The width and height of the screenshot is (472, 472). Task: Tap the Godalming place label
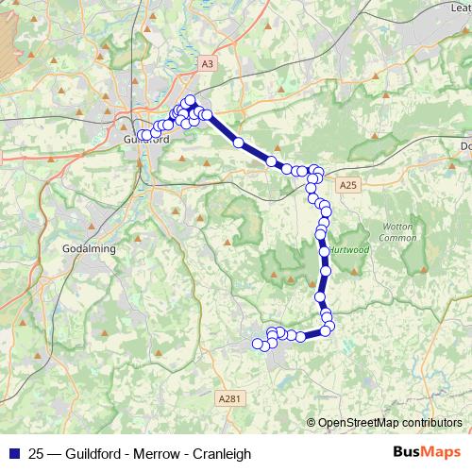pos(89,248)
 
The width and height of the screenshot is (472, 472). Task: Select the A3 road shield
pos(207,63)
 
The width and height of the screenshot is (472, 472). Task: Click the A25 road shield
pos(349,184)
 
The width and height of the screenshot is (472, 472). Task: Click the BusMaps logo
pos(426,453)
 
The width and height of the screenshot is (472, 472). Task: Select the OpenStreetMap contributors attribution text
pos(389,423)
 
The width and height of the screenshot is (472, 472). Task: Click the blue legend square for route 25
pos(14,453)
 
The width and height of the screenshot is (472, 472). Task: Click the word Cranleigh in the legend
pos(223,454)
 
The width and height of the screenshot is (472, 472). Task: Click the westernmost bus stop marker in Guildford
pos(142,135)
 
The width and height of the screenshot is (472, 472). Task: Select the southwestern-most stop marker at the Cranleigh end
pos(258,343)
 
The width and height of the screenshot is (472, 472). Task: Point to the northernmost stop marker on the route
pos(190,100)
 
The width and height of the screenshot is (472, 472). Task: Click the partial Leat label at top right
pos(461,8)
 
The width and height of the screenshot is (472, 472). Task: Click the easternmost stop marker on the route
pos(329,327)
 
